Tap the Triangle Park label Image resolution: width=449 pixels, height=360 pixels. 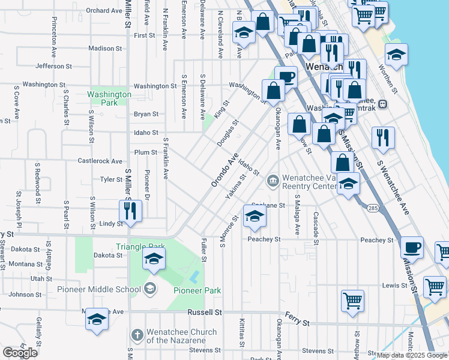coord(140,247)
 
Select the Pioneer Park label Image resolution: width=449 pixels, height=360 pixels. coord(197,291)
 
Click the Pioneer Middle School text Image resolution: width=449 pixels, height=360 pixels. coord(97,289)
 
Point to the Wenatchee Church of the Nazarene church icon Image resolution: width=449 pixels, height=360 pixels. coord(137,334)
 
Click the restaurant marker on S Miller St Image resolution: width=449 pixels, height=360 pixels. coord(130,210)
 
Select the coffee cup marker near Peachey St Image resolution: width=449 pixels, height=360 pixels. coord(412,247)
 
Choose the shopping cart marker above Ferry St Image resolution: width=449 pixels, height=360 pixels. coord(352,299)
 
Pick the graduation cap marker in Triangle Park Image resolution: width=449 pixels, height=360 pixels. coord(154,259)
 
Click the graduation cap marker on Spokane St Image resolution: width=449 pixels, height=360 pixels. coord(254,215)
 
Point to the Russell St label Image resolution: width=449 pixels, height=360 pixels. coord(204,313)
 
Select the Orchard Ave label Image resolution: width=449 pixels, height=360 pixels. coord(104,10)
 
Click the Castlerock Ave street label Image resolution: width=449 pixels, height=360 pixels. coord(100,161)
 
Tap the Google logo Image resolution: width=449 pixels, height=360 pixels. coord(20,352)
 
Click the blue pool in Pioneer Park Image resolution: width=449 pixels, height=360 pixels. coord(194,277)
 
